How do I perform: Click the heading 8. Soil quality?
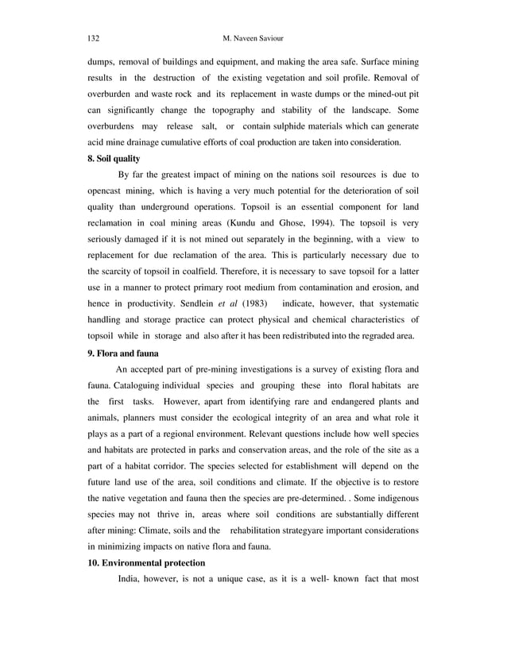tap(114, 159)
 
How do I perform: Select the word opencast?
tap(110, 192)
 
